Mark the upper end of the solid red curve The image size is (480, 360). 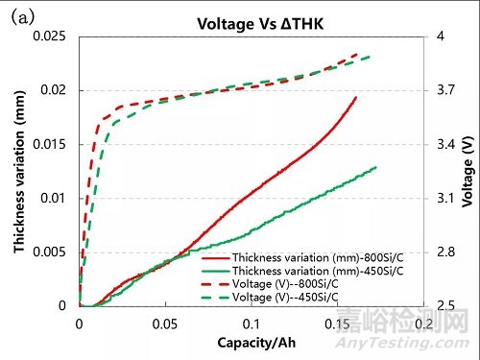(356, 97)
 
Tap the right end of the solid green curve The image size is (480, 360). (376, 167)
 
